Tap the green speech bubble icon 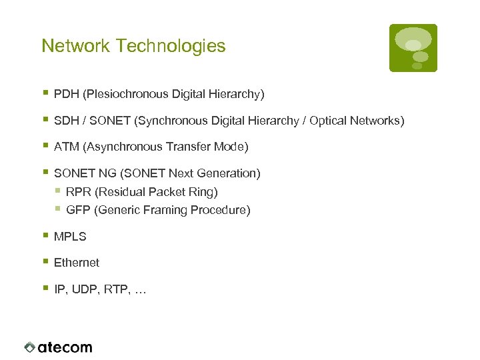pyautogui.click(x=413, y=48)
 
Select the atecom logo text pyautogui.click(x=65, y=347)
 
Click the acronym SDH pyautogui.click(x=66, y=121)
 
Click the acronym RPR pyautogui.click(x=79, y=192)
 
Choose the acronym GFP pyautogui.click(x=79, y=211)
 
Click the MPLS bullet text pyautogui.click(x=70, y=237)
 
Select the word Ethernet pyautogui.click(x=77, y=263)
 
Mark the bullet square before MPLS pyautogui.click(x=45, y=235)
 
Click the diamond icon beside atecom pyautogui.click(x=29, y=347)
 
